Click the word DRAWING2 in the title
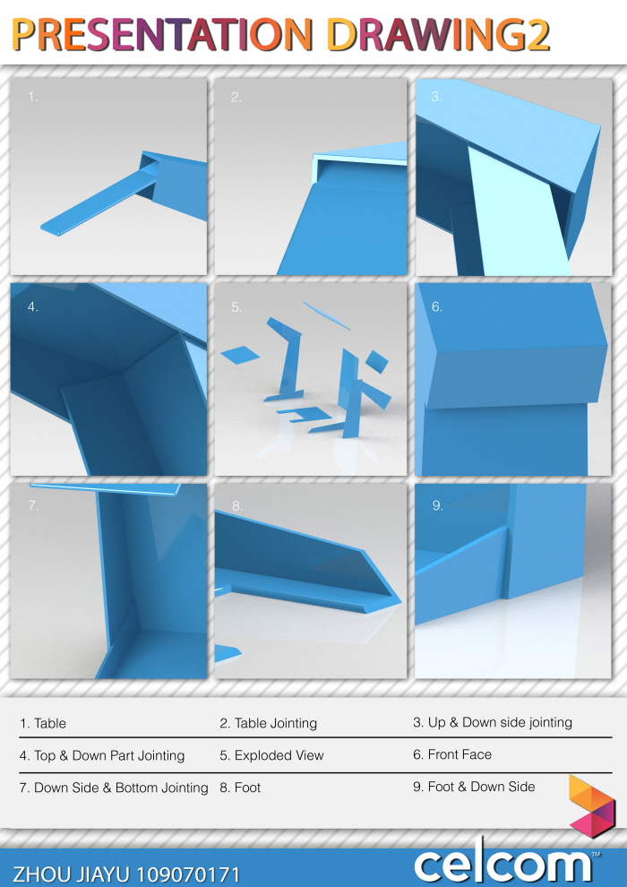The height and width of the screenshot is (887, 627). tap(438, 35)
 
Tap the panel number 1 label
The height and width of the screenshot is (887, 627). tap(33, 97)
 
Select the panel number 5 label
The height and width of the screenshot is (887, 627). tap(236, 306)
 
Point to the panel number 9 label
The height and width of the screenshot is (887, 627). tap(438, 505)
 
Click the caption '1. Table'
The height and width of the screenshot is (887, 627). tap(43, 723)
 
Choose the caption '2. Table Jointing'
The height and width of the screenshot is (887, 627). tap(269, 723)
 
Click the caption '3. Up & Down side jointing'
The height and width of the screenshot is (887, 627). tap(492, 722)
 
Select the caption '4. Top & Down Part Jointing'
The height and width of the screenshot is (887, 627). tap(102, 755)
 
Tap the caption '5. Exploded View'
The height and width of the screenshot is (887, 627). tap(271, 755)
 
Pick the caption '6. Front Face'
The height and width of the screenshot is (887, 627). tap(452, 754)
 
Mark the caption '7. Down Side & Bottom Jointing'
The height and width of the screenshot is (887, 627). tap(114, 788)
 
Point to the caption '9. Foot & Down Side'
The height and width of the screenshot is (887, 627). tap(474, 787)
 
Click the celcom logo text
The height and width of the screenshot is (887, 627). tap(502, 865)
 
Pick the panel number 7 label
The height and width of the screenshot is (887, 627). tap(33, 505)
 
